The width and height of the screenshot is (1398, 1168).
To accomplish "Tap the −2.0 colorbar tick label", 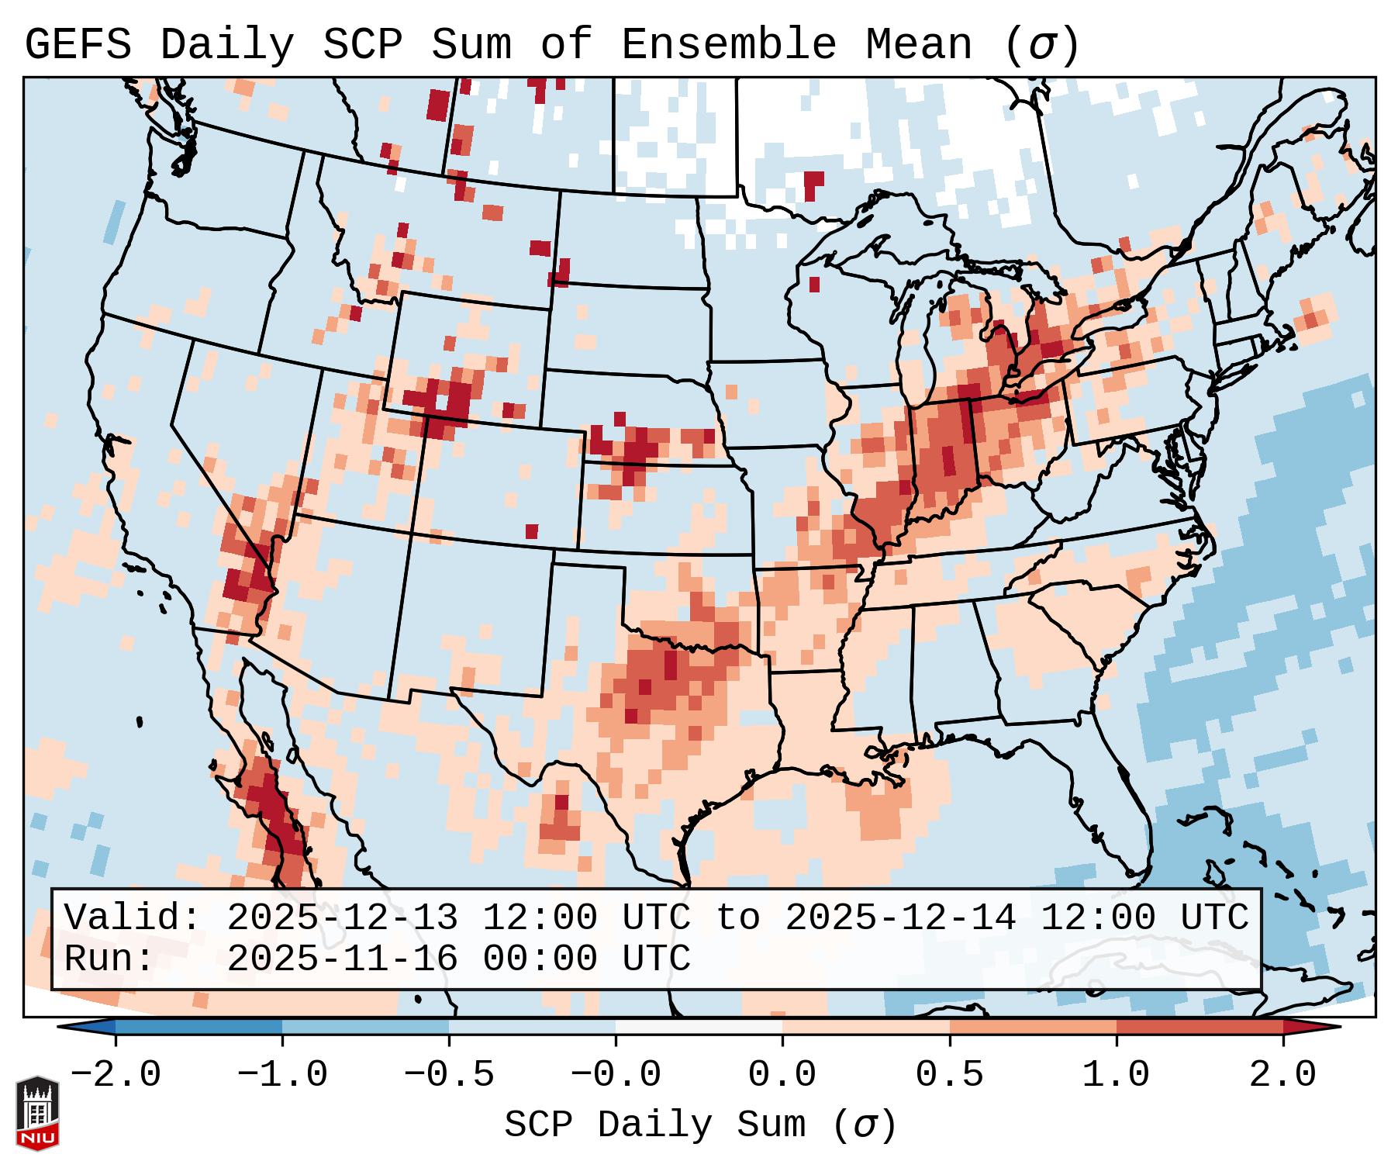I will (116, 1075).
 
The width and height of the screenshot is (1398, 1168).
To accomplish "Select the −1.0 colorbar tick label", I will (282, 1075).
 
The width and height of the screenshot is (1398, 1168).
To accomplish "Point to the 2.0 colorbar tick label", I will (1283, 1075).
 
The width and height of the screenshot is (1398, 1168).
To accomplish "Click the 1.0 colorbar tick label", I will (1116, 1075).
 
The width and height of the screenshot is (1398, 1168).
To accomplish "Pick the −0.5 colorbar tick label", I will (449, 1075).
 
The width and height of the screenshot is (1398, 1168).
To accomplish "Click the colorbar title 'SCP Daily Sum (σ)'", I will (700, 1125).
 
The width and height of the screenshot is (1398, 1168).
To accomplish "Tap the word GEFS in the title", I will (78, 45).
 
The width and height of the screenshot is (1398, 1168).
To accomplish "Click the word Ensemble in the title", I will (729, 45).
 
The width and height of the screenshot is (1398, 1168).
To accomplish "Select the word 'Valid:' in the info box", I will (133, 917).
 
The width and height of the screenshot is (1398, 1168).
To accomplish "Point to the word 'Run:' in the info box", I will (109, 959).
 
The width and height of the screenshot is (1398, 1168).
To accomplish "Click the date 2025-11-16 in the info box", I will (343, 959).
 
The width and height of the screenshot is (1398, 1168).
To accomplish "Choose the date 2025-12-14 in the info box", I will (901, 917).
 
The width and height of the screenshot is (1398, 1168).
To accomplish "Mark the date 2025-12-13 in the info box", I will (343, 917).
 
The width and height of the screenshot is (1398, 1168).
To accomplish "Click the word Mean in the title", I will (919, 45).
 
